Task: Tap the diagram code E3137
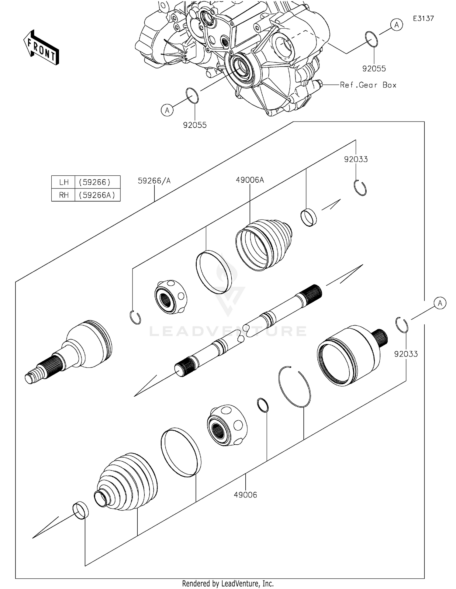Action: (423, 19)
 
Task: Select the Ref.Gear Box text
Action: (368, 85)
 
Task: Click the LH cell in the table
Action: (64, 182)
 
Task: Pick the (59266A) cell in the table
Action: (97, 195)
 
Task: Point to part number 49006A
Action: (250, 180)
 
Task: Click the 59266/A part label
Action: (154, 181)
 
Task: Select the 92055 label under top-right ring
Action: (374, 69)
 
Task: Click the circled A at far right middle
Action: (440, 303)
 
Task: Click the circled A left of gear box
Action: (167, 110)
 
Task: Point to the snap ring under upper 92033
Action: (360, 188)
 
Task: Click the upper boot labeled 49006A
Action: (264, 244)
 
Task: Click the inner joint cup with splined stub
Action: (350, 356)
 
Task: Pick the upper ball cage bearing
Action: (171, 297)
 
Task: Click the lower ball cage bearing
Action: (227, 425)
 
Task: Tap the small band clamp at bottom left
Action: (81, 510)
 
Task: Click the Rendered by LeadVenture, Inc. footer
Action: (228, 584)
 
